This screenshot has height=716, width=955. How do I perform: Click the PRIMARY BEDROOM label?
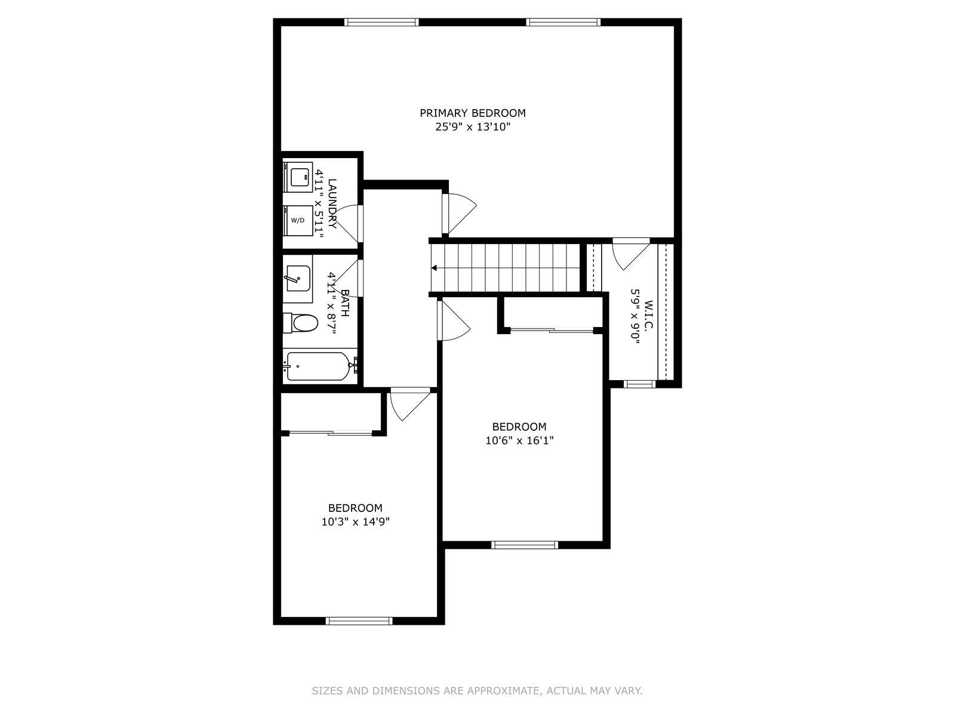(x=473, y=113)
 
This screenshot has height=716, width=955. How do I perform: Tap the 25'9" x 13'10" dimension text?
(x=473, y=127)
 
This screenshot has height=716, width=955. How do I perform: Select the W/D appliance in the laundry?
(x=298, y=220)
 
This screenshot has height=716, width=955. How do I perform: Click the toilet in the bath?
(x=300, y=323)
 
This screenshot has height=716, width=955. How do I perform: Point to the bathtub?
(x=320, y=366)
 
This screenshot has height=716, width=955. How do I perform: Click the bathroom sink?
(x=297, y=278)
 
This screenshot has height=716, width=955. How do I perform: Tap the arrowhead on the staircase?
(x=434, y=268)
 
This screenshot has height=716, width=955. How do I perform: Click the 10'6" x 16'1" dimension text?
(x=519, y=440)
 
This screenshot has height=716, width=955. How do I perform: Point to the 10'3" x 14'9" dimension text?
(x=355, y=521)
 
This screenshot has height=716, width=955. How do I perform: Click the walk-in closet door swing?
(x=631, y=254)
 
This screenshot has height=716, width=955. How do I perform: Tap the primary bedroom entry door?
(x=460, y=214)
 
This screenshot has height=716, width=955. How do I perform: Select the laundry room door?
(x=348, y=223)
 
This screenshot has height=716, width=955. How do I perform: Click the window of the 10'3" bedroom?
(x=359, y=621)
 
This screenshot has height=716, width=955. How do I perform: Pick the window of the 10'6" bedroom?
(x=525, y=545)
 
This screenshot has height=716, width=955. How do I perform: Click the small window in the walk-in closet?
(x=640, y=384)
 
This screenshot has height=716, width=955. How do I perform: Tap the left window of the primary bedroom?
(x=381, y=22)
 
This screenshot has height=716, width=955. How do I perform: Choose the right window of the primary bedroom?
(x=563, y=22)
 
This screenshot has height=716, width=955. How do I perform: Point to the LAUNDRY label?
(x=332, y=203)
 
